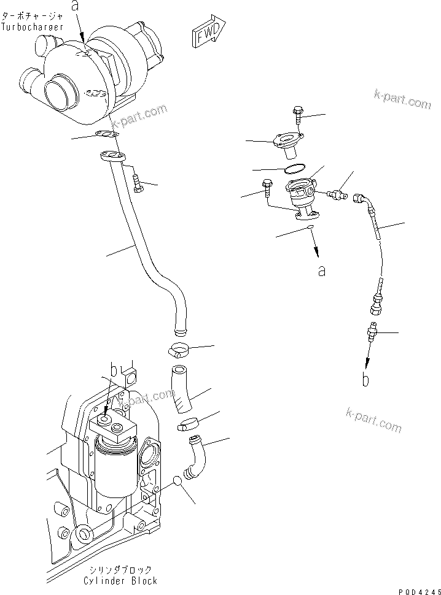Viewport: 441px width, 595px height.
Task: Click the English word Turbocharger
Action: pos(31,27)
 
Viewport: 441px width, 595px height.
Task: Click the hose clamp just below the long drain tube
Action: pos(178,351)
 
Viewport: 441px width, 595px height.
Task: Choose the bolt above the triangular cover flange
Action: pos(297,115)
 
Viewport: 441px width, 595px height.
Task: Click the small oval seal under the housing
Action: pos(310,228)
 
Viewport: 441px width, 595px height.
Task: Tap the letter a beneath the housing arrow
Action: pos(321,270)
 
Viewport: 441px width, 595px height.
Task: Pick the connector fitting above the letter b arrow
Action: pos(371,332)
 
